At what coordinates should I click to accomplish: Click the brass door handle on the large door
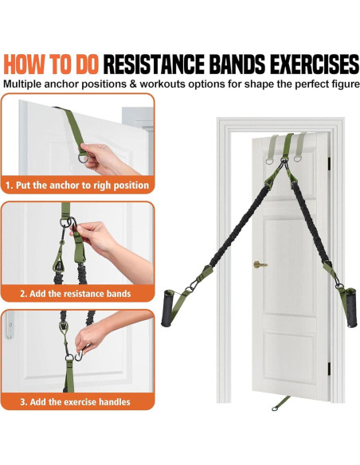click(260, 264)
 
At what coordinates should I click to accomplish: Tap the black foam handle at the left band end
click(167, 308)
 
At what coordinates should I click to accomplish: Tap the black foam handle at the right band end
click(352, 307)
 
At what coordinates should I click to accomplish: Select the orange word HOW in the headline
click(25, 64)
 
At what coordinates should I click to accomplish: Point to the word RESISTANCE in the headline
click(154, 64)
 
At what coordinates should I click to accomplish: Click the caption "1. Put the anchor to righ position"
click(77, 186)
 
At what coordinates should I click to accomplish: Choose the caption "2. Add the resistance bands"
click(76, 294)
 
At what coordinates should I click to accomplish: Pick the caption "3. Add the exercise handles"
click(76, 402)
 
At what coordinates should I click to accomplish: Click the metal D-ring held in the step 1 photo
click(84, 158)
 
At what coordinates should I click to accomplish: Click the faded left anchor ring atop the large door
click(269, 161)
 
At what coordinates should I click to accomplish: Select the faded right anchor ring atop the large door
click(298, 158)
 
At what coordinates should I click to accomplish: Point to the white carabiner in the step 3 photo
click(78, 355)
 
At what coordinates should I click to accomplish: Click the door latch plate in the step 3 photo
click(10, 325)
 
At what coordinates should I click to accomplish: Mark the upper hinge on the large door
click(329, 163)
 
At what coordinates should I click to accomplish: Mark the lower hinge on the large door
click(329, 369)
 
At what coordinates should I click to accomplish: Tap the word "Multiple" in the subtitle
click(22, 84)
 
